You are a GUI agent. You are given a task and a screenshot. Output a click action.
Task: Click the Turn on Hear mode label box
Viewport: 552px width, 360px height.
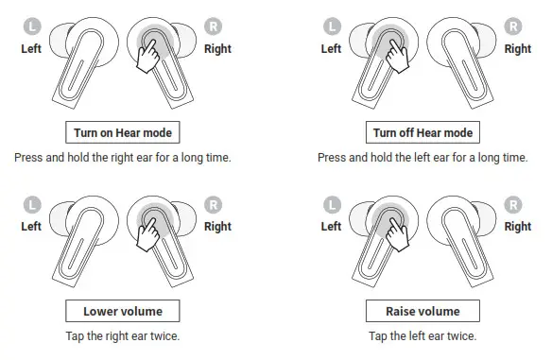122,133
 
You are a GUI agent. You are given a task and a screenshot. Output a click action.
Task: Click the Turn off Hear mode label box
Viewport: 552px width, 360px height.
423,133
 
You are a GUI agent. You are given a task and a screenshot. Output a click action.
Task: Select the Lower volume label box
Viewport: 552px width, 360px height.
122,311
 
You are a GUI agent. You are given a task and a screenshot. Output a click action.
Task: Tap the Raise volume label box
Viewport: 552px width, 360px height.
423,311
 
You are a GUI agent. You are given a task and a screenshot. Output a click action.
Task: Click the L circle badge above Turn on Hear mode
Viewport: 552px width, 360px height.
31,27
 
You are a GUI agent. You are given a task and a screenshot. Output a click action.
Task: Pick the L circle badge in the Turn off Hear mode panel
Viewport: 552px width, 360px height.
331,27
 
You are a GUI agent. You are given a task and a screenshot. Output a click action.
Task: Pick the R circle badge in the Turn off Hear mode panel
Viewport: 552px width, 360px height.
513,27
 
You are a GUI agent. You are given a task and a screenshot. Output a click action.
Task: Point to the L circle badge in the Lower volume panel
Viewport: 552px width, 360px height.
31,204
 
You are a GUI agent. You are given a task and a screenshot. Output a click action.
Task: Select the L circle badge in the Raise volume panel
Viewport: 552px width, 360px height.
331,204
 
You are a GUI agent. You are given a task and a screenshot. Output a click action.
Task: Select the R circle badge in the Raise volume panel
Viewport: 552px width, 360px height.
513,204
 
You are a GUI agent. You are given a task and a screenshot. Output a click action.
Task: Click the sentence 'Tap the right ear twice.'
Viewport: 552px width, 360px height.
122,335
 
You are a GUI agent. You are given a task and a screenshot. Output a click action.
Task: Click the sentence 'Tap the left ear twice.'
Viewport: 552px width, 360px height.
423,335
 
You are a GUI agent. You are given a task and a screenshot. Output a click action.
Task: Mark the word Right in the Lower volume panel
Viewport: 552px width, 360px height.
217,226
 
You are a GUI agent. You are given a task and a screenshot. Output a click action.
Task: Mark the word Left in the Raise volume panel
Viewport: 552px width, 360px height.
331,226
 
